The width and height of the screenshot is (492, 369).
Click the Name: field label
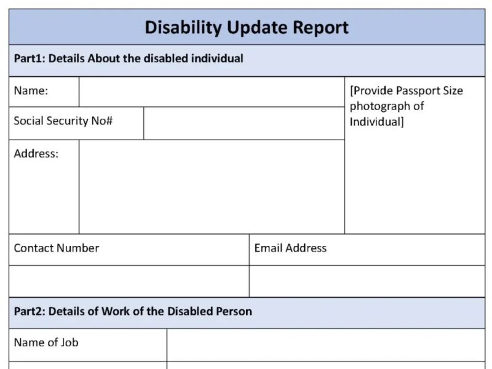(31, 91)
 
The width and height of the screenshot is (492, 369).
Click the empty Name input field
(211, 92)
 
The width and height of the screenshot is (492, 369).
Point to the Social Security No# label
(63, 121)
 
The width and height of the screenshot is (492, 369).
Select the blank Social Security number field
(244, 123)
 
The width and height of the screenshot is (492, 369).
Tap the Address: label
(36, 154)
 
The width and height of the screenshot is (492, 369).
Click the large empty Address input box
(211, 186)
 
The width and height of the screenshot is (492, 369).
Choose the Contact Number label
(57, 248)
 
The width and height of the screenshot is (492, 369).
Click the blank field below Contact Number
(129, 281)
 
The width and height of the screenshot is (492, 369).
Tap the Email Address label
(290, 248)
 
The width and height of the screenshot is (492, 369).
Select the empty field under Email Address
(367, 281)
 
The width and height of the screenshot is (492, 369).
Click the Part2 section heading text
(133, 311)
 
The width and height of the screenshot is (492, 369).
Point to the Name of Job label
(46, 343)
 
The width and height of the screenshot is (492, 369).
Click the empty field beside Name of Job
(325, 344)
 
